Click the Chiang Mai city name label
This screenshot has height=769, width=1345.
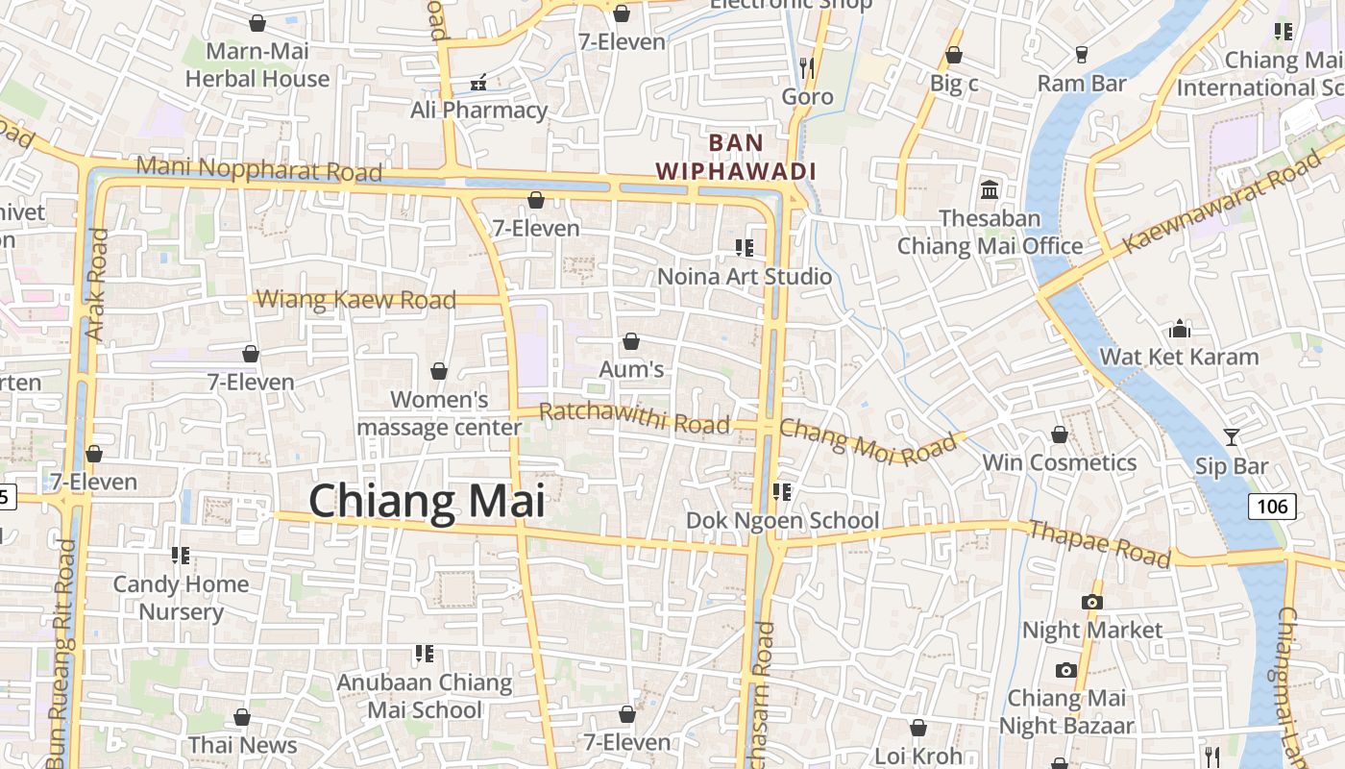[x=427, y=502]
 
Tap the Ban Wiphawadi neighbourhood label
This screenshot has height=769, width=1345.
[x=736, y=158]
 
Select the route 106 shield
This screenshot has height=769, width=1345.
[x=1272, y=506]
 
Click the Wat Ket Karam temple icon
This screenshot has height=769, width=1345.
[x=1180, y=330]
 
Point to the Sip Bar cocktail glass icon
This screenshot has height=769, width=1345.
[x=1231, y=437]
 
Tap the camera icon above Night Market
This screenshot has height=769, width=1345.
[x=1091, y=602]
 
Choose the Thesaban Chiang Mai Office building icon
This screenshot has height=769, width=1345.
[x=990, y=188]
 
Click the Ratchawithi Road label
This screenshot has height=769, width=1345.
[x=634, y=418]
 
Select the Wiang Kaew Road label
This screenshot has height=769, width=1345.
[x=356, y=299]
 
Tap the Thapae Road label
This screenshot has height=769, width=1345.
[x=1099, y=543]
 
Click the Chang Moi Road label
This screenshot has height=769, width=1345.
[x=868, y=441]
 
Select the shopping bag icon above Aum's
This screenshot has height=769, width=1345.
[x=631, y=341]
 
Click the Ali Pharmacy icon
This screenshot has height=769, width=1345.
[x=478, y=82]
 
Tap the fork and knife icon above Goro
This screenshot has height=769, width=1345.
[x=807, y=67]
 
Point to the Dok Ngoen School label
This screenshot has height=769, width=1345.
[x=782, y=520]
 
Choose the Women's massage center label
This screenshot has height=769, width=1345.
[x=440, y=412]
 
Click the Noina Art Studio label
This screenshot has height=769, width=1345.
[x=745, y=277]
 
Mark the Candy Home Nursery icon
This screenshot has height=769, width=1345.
[x=180, y=555]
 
